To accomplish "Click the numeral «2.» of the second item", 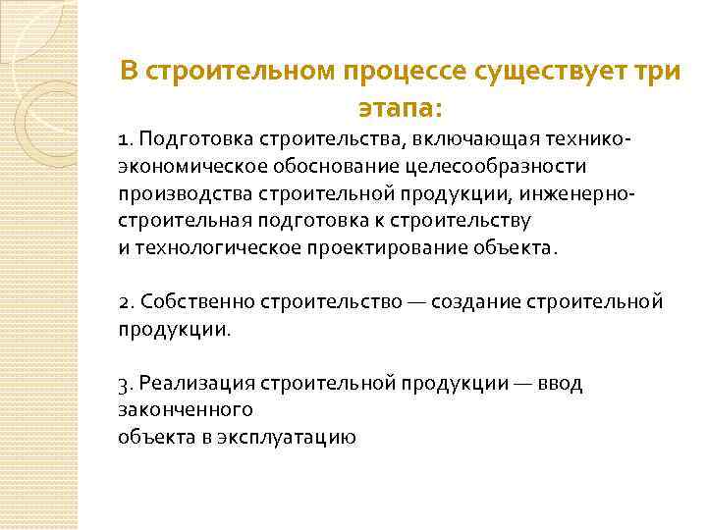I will click(x=125, y=301).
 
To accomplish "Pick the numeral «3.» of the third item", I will click(x=125, y=383).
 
